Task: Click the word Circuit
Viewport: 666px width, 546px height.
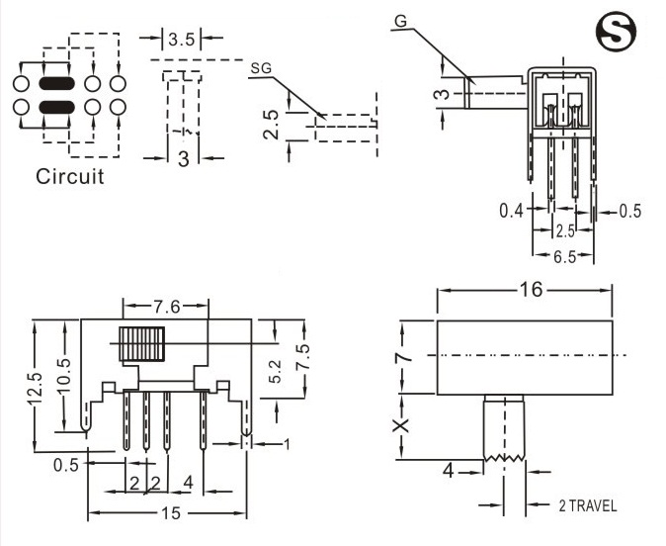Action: point(69,177)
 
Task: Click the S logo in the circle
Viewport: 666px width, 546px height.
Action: point(619,34)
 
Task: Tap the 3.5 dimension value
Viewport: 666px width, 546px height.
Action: point(181,40)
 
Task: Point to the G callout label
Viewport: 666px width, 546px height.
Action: point(399,21)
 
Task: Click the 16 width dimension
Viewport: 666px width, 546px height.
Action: point(525,289)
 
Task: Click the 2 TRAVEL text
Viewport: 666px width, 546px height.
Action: point(587,505)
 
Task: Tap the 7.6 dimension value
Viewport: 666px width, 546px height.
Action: point(165,307)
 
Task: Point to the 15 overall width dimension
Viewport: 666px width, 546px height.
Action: point(169,512)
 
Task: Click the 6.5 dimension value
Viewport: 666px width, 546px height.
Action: point(564,258)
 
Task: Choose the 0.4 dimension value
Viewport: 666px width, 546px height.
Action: point(511,211)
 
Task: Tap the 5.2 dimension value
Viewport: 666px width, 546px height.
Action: point(275,371)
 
